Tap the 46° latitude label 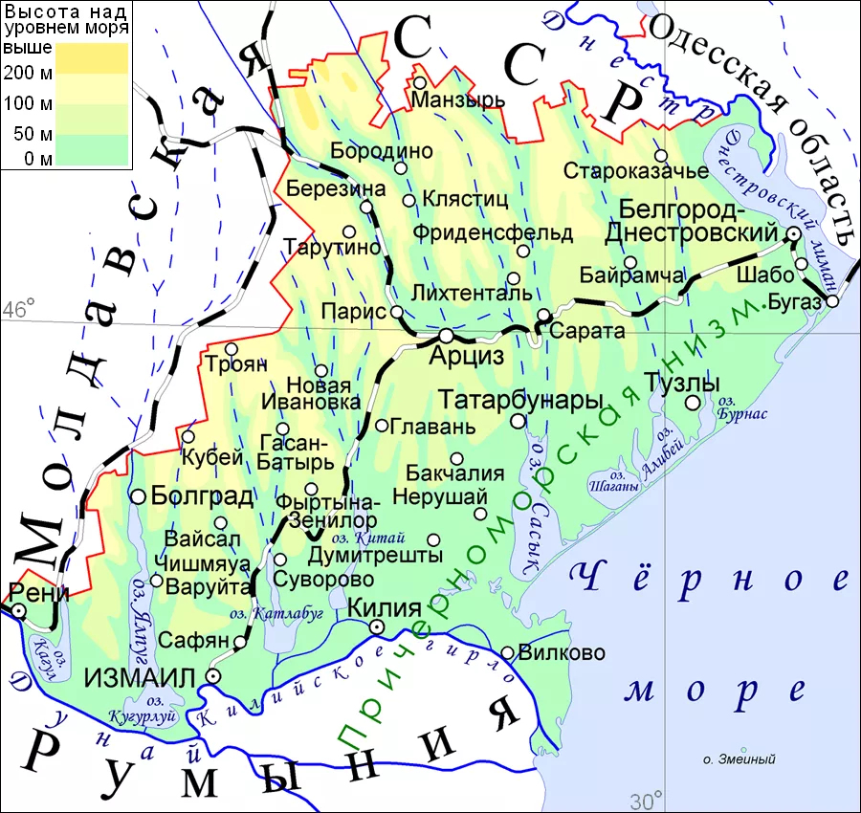click(x=18, y=309)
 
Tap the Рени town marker click(x=18, y=609)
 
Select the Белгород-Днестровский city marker click(x=793, y=233)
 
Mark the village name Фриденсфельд click(x=493, y=232)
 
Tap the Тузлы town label click(x=682, y=382)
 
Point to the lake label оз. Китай click(x=387, y=537)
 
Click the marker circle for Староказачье click(x=660, y=156)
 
